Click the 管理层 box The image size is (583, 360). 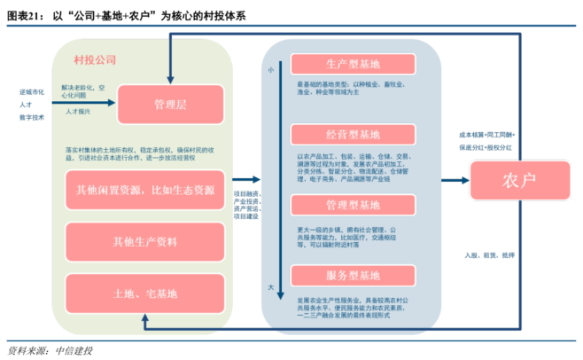pyautogui.click(x=169, y=105)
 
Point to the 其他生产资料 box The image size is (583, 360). pyautogui.click(x=145, y=241)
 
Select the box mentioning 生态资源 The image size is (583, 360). pyautogui.click(x=145, y=190)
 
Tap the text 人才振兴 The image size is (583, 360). pyautogui.click(x=78, y=113)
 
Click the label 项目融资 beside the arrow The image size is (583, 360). pyautogui.click(x=245, y=193)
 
